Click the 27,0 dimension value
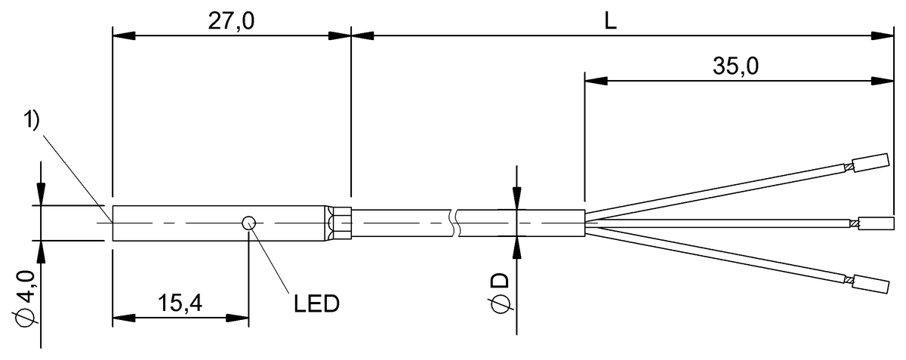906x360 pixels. pyautogui.click(x=231, y=20)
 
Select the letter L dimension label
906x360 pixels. pyautogui.click(x=611, y=20)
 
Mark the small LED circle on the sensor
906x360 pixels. pyautogui.click(x=248, y=223)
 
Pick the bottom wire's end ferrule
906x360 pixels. pyautogui.click(x=871, y=285)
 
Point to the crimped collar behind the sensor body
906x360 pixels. pyautogui.click(x=340, y=223)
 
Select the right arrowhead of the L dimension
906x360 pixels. pyautogui.click(x=883, y=35)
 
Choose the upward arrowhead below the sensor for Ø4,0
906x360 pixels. pyautogui.click(x=40, y=250)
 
